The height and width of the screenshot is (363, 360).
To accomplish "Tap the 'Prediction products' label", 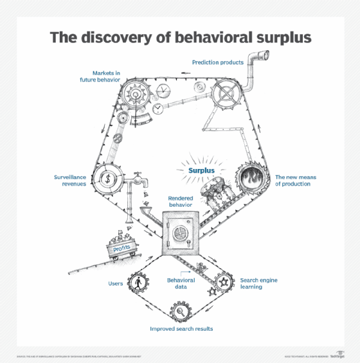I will (217, 62).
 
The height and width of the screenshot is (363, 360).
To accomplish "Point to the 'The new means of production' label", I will (292, 180).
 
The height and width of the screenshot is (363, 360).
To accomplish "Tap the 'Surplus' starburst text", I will (200, 171).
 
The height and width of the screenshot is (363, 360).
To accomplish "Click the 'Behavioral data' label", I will (181, 284).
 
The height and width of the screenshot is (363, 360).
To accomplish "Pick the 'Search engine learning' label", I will (260, 284).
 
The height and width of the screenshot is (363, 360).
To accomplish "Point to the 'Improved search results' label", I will (181, 328).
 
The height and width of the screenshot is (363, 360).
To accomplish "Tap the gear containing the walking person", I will (138, 282).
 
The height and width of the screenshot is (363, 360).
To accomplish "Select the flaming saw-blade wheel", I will (250, 178).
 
